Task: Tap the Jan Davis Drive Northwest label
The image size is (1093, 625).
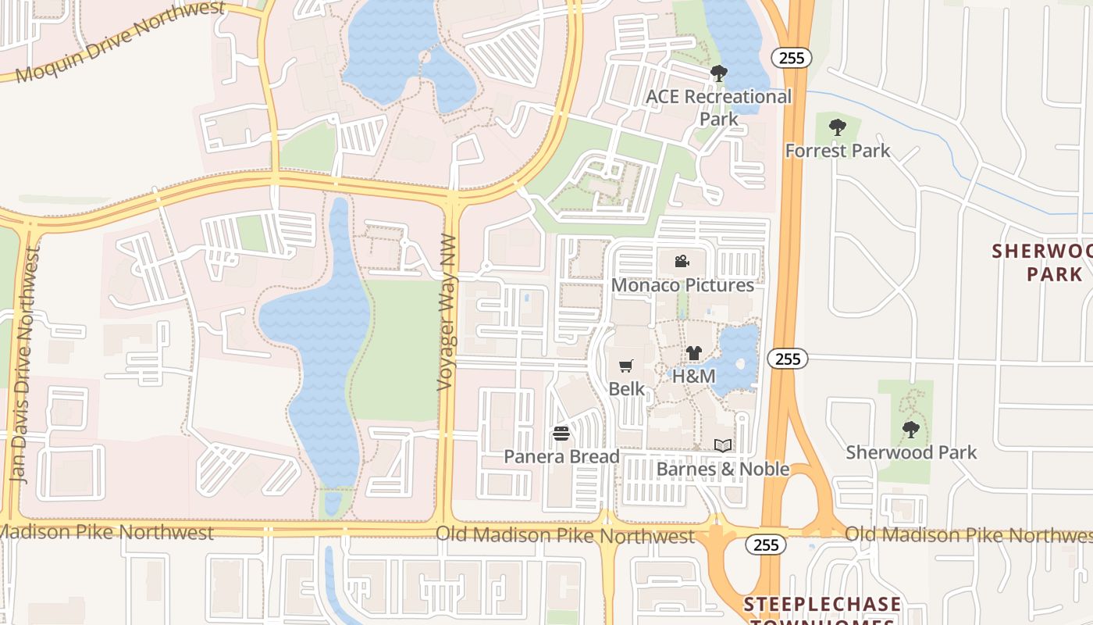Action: coord(23,365)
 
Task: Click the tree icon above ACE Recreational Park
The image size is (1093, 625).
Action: coord(718,73)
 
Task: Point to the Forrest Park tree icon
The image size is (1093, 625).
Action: coord(838,127)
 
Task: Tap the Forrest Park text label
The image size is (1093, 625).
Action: coord(838,150)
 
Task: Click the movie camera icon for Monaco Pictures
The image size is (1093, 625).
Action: coord(682,261)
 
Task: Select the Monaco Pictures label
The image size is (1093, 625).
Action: coord(682,285)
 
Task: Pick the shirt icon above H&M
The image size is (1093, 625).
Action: coord(694,352)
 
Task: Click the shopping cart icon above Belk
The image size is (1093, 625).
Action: coord(625,366)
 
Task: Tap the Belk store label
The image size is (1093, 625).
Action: coord(627,388)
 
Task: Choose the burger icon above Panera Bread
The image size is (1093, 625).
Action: coord(561,433)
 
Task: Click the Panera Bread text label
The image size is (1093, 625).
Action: coord(561,456)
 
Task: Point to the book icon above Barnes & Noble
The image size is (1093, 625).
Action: coord(723,445)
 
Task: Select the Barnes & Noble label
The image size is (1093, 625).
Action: coord(723,469)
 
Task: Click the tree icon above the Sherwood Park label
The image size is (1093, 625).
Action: coord(910,428)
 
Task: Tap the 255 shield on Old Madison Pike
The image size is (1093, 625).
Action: coord(766,545)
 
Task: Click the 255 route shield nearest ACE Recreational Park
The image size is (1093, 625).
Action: coord(792,57)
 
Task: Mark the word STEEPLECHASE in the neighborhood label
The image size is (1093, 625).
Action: coord(822,604)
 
